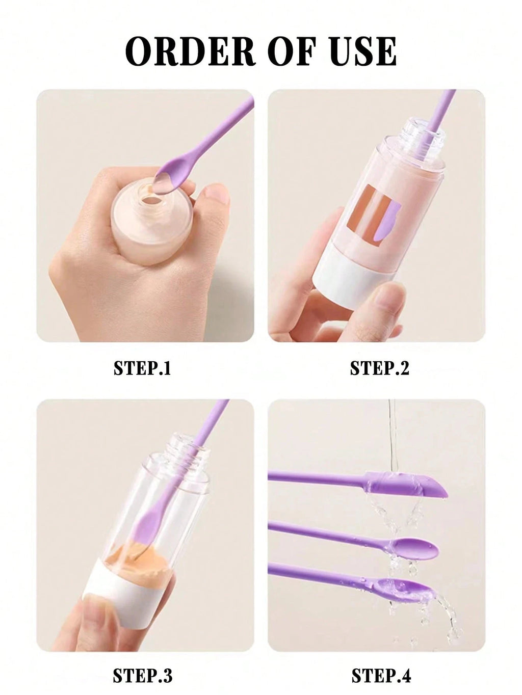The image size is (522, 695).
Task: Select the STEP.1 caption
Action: pyautogui.click(x=142, y=368)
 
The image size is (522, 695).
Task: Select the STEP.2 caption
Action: pyautogui.click(x=379, y=368)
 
